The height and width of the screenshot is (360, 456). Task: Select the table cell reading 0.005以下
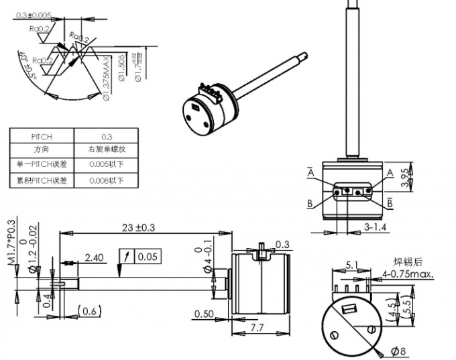point(106,164)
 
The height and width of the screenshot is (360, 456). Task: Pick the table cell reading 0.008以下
point(106,180)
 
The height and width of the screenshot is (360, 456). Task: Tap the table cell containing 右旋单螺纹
point(106,149)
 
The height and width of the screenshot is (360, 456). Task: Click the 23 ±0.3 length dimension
point(139,228)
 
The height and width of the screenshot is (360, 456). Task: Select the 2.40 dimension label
point(94,257)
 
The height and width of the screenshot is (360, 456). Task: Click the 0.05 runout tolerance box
point(147,257)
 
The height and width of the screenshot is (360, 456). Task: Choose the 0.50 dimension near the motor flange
point(204,314)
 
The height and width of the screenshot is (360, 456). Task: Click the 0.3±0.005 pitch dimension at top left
point(34,14)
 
